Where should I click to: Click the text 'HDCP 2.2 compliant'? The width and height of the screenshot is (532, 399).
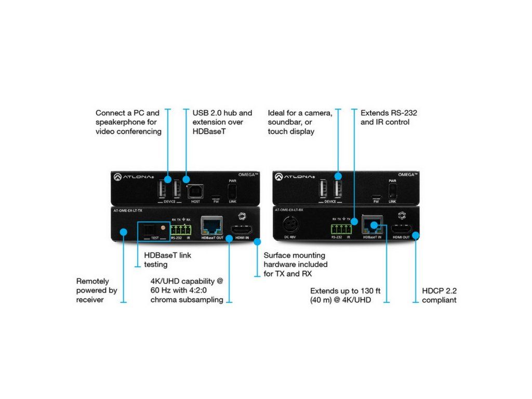click(x=439, y=295)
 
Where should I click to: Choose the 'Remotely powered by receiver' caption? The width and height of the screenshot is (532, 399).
click(x=97, y=290)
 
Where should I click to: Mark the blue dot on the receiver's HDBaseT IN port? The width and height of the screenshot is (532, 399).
click(x=373, y=225)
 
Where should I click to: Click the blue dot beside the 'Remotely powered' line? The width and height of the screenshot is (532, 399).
click(x=123, y=231)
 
